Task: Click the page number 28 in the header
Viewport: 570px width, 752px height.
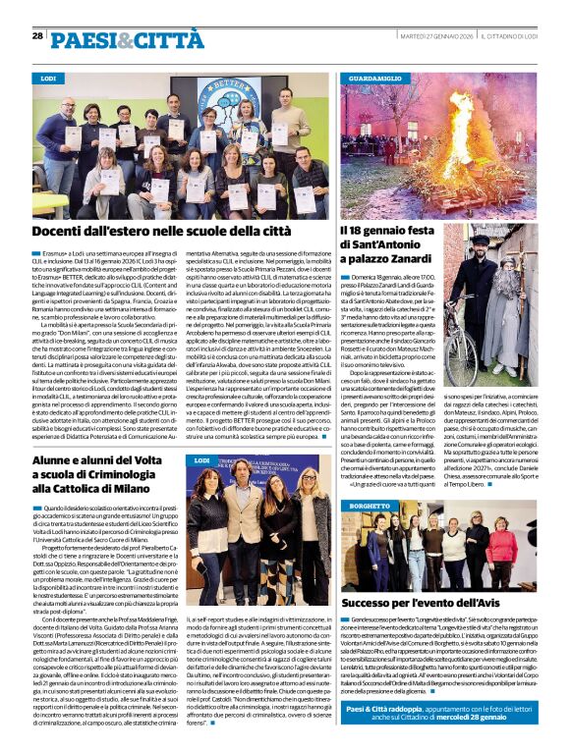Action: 37,35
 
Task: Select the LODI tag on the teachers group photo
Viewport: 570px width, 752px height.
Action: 48,77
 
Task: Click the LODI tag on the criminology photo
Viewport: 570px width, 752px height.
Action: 202,460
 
